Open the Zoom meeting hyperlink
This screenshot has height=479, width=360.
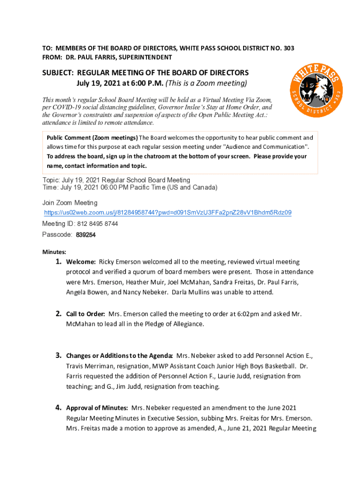coord(167,213)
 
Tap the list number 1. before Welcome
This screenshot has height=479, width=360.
coord(59,262)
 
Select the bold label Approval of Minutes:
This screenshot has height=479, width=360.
coord(97,408)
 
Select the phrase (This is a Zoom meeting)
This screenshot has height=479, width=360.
coord(207,84)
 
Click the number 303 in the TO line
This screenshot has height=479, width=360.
coord(288,48)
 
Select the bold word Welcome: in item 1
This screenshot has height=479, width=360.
coord(81,262)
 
